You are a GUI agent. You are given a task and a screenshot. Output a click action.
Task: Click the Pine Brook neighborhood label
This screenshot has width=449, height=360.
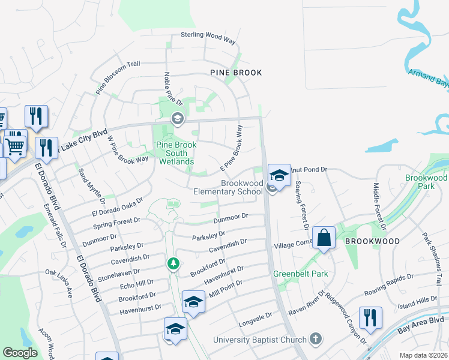(x=236, y=73)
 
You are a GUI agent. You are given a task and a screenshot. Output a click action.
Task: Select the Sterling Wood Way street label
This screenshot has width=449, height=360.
(x=209, y=35)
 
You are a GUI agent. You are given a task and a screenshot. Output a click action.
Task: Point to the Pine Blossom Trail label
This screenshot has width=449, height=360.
(x=118, y=78)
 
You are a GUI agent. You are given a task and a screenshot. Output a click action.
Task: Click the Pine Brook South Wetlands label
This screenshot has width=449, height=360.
(x=175, y=153)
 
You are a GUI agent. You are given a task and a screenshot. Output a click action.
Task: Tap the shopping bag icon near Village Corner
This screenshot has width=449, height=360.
(x=324, y=238)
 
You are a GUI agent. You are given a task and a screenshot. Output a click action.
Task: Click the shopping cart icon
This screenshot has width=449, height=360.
(x=15, y=145)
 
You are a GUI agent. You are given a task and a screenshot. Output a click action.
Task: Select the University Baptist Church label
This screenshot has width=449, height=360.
(x=259, y=340)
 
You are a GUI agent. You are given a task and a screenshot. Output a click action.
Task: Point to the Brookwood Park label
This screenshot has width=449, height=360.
(x=426, y=182)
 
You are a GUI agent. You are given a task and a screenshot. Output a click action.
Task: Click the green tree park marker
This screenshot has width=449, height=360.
(x=173, y=263)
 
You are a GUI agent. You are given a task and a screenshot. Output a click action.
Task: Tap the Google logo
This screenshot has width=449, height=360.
(x=20, y=353)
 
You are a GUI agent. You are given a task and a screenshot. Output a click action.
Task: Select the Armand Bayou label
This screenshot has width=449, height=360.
(x=429, y=77)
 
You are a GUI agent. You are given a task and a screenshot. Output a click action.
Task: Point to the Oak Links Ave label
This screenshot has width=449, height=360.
(x=59, y=284)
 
